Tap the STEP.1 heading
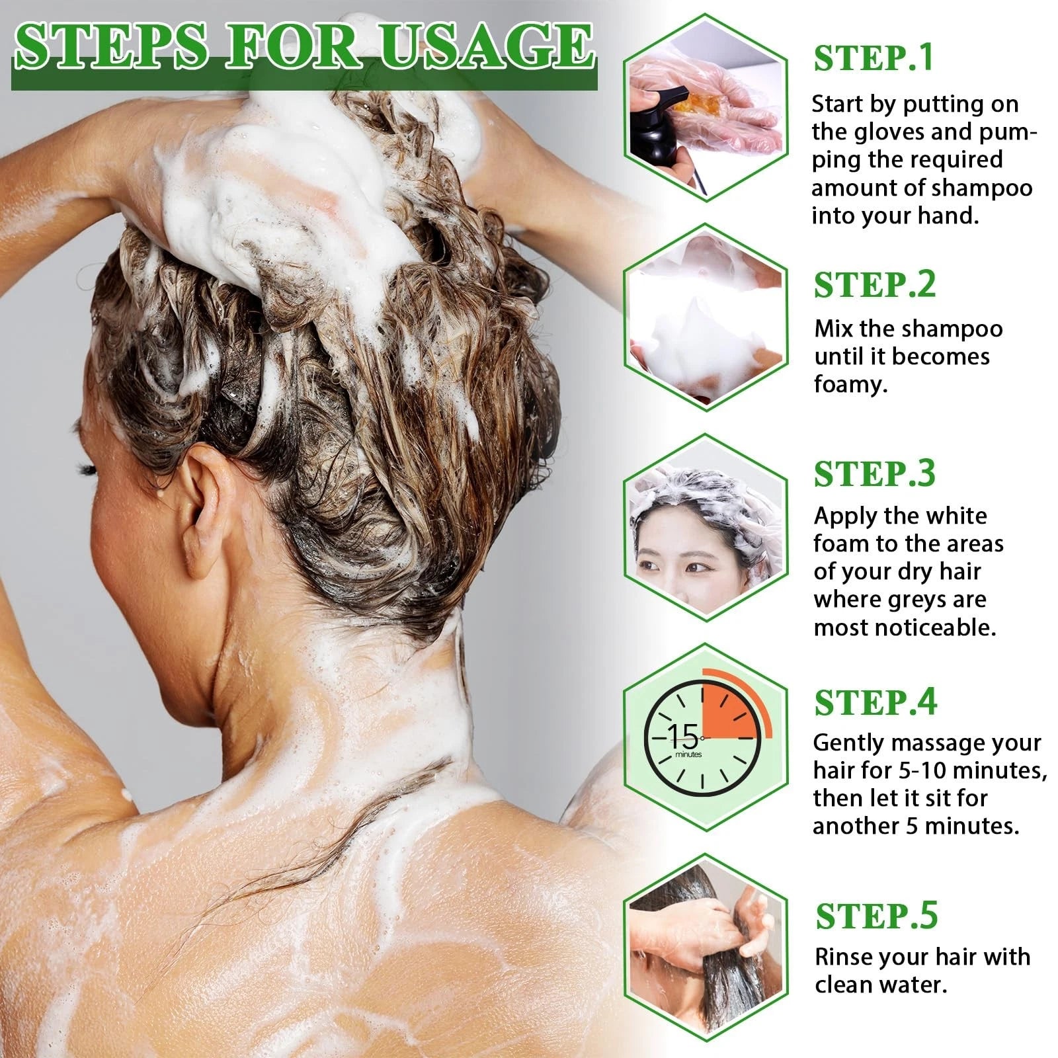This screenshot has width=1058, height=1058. (x=873, y=58)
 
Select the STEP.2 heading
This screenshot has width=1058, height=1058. (x=874, y=285)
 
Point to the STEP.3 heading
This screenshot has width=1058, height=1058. (x=874, y=473)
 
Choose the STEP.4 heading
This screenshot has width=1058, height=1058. (x=875, y=702)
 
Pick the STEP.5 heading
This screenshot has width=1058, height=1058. (x=876, y=916)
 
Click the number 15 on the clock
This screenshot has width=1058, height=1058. (x=683, y=735)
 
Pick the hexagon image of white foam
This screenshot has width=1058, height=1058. (x=706, y=317)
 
